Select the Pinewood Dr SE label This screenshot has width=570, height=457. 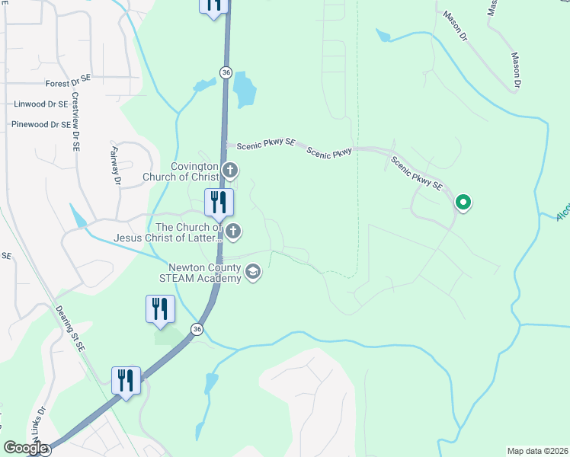[x=40, y=124]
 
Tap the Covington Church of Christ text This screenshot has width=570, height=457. [x=181, y=172]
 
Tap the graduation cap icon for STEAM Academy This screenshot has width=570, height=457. [x=253, y=271]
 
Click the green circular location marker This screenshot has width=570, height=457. [x=463, y=203]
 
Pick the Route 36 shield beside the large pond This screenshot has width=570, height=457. [x=226, y=72]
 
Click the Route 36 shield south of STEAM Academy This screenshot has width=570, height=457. [x=197, y=329]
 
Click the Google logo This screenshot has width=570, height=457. [x=25, y=448]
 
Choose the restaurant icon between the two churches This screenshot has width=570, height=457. [x=219, y=203]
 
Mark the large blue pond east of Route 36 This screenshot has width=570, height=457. [x=244, y=89]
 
